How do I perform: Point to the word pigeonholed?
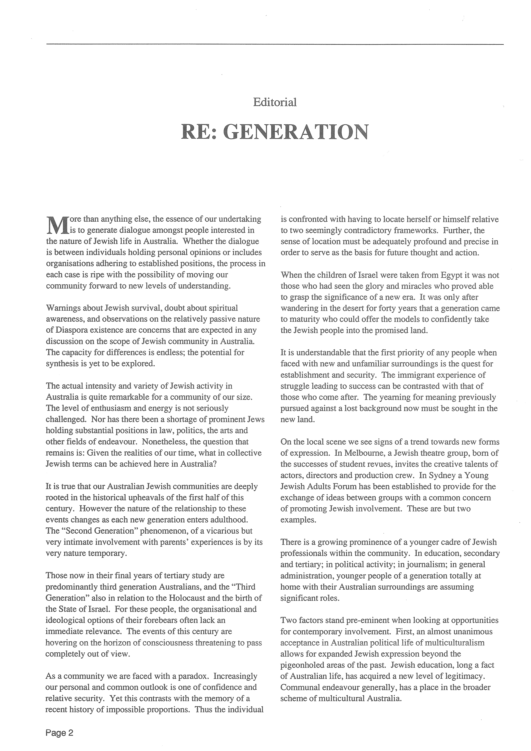[x=301, y=665]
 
